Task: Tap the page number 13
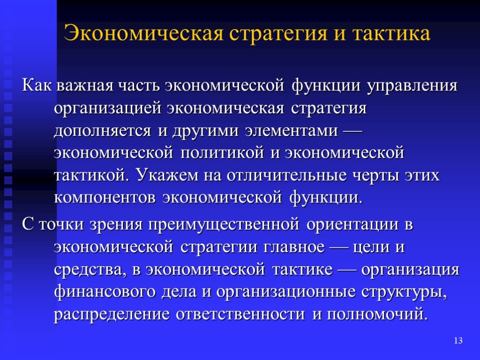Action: click(x=458, y=340)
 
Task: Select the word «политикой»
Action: click(x=222, y=153)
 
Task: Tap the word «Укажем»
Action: click(x=168, y=176)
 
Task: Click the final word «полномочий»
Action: click(x=377, y=315)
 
